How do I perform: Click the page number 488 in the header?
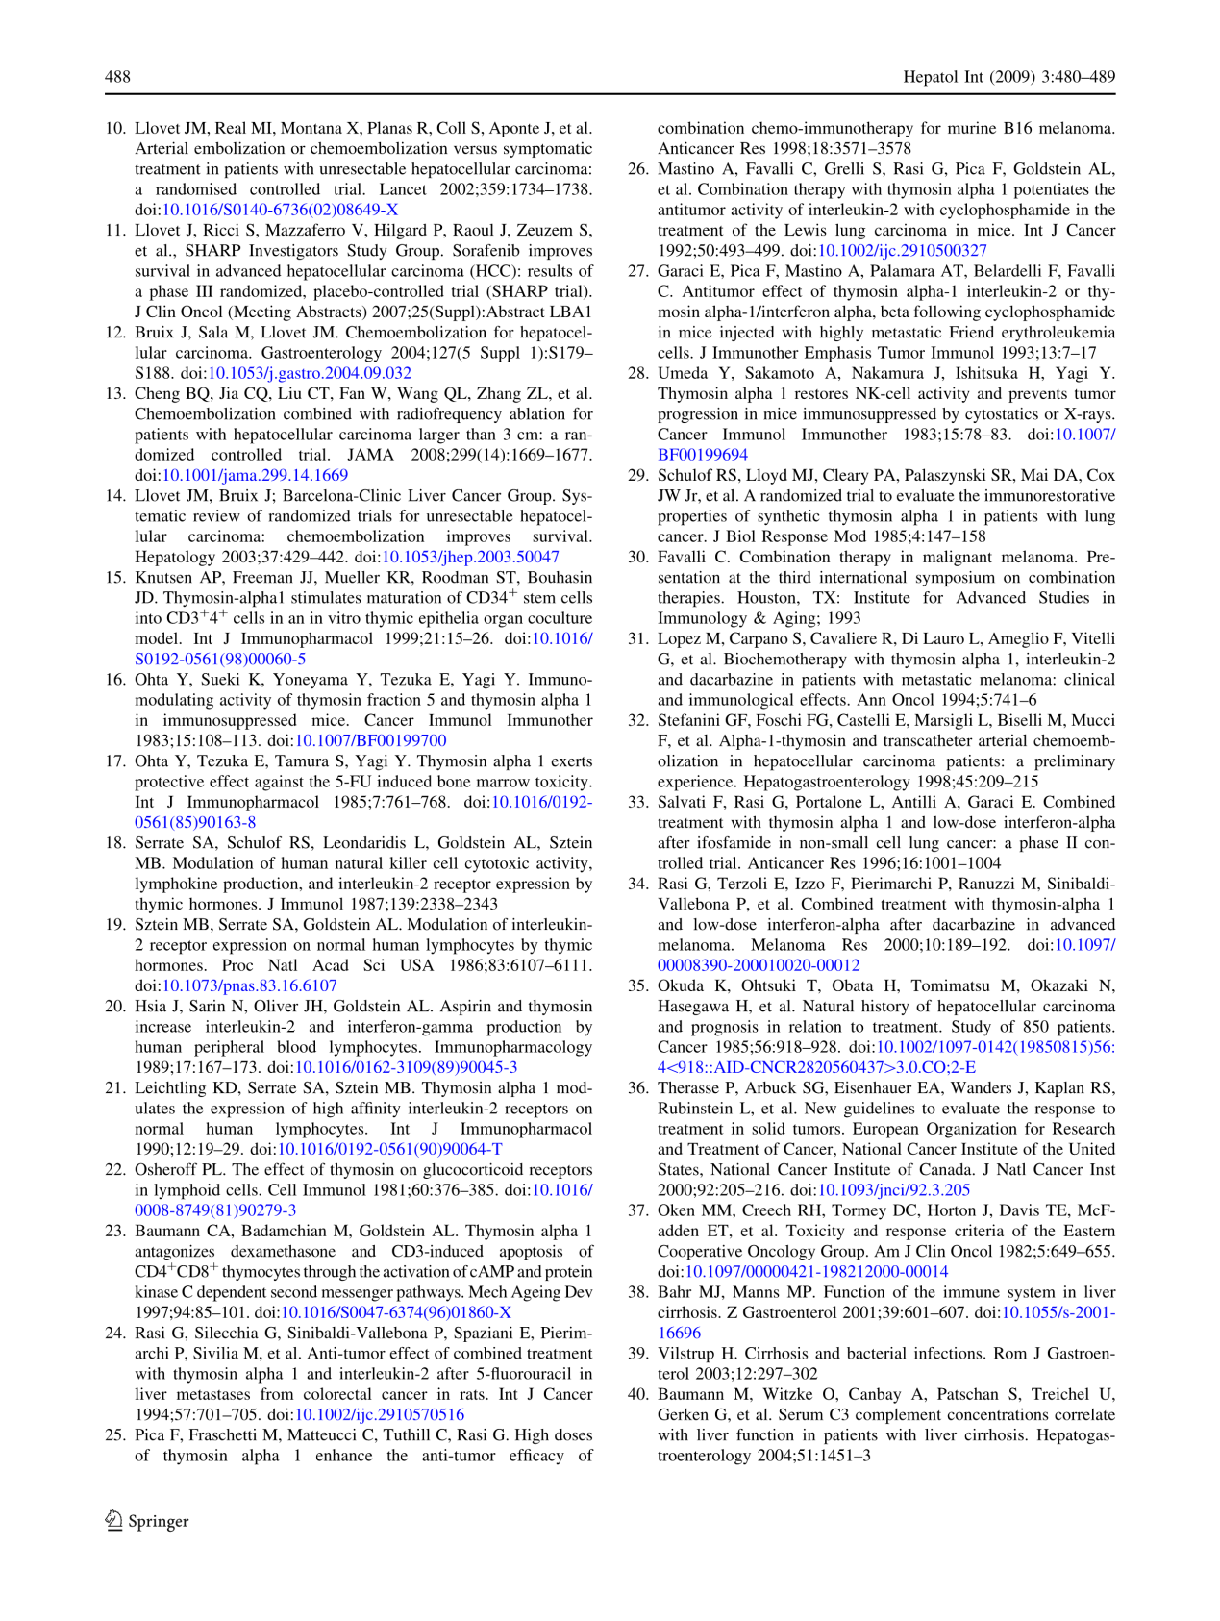[x=117, y=77]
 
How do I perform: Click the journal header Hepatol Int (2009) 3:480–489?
[x=1008, y=77]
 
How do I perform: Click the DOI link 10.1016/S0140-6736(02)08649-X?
[x=280, y=210]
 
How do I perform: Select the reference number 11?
[x=115, y=230]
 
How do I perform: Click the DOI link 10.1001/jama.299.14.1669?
[x=255, y=475]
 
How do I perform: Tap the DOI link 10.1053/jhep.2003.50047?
[x=470, y=557]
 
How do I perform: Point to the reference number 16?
[x=115, y=680]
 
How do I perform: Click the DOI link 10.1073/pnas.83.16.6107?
[x=249, y=985]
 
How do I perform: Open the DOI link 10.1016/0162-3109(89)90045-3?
[x=406, y=1067]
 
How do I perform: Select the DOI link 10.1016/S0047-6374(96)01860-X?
[x=395, y=1312]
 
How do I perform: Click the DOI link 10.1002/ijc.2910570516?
[x=379, y=1414]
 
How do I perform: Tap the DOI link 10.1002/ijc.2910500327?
[x=902, y=250]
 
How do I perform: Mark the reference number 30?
[x=638, y=557]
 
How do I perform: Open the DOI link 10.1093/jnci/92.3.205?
[x=893, y=1189]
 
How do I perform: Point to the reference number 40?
[x=638, y=1394]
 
